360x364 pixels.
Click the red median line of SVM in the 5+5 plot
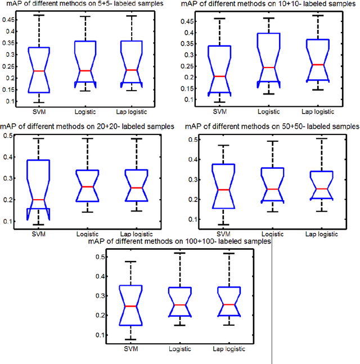(38, 71)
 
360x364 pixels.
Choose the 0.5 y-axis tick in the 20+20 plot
(8, 136)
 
